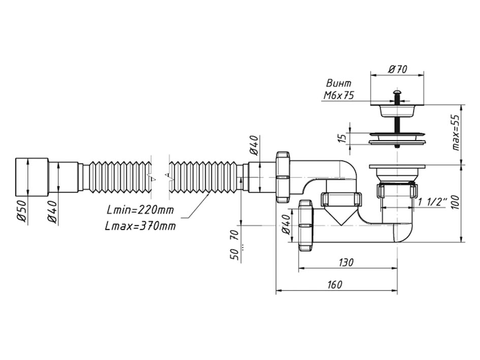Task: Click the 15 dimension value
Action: [x=342, y=138]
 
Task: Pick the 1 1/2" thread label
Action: [x=432, y=202]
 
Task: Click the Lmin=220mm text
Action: [x=140, y=210]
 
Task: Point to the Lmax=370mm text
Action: [x=140, y=226]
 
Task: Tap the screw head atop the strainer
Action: [x=397, y=92]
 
